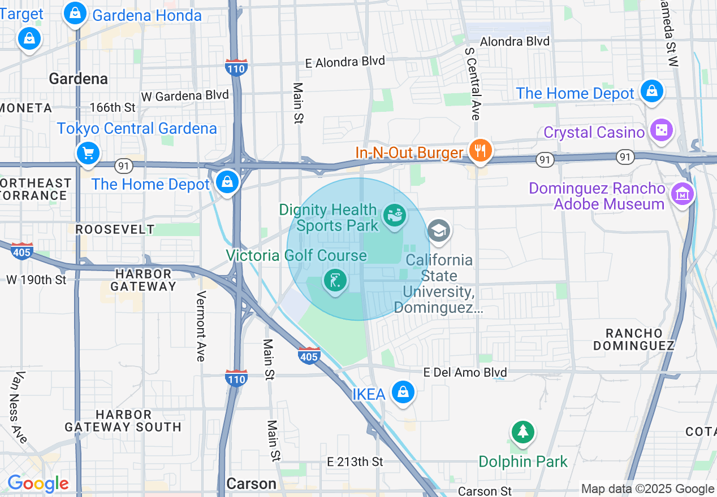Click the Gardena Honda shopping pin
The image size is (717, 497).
[75, 14]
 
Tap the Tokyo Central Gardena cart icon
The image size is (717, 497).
[88, 153]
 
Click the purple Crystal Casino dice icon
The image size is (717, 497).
[660, 131]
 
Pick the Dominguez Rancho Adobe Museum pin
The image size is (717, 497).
[682, 195]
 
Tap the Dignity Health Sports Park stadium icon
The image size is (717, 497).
[394, 216]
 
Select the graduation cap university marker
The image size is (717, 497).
[439, 231]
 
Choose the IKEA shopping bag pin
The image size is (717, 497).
[403, 393]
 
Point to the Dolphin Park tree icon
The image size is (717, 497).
[523, 433]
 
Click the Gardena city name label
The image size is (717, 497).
[78, 79]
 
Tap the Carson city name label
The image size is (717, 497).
[251, 483]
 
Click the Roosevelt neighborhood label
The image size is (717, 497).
[115, 229]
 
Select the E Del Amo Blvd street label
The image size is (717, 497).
[465, 372]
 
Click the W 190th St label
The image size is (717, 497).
[36, 279]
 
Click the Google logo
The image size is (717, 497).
[38, 483]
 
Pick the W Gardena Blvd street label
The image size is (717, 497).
[185, 95]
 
